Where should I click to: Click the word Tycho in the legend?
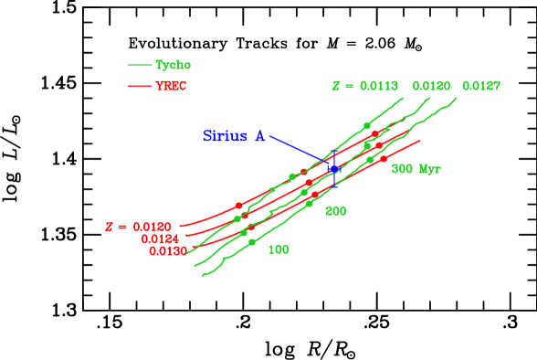point(173,65)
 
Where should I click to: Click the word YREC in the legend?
point(171,86)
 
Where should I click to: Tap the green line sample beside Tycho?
point(139,65)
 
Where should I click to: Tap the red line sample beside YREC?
point(139,86)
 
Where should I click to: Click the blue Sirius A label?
point(234,136)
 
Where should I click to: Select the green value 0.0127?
point(480,86)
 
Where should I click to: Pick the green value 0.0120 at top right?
point(431,86)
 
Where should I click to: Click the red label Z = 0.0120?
point(138,226)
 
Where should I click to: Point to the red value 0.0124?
point(161,238)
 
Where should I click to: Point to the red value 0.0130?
point(168,250)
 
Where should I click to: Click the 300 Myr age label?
point(416,169)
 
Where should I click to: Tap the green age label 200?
point(335,211)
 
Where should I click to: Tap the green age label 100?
point(279,249)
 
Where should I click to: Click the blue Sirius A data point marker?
point(334,169)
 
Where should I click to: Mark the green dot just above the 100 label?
point(252,242)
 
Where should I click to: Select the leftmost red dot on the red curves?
point(238,206)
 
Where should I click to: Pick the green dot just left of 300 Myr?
point(370,160)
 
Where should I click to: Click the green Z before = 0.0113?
point(336,86)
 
